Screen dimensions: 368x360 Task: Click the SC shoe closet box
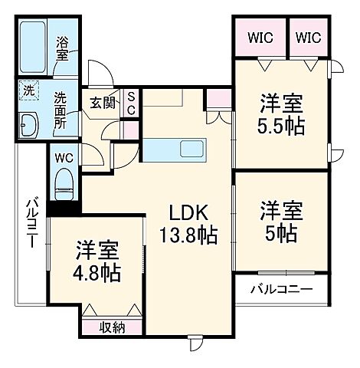click(x=131, y=102)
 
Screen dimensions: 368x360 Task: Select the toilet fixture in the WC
click(x=64, y=184)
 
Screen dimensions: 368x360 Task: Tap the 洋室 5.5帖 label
click(x=281, y=114)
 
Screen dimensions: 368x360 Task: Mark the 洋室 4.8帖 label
click(x=97, y=261)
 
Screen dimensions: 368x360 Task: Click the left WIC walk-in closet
click(x=258, y=37)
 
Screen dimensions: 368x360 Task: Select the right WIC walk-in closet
click(x=309, y=37)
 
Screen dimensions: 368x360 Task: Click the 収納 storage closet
click(x=112, y=327)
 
